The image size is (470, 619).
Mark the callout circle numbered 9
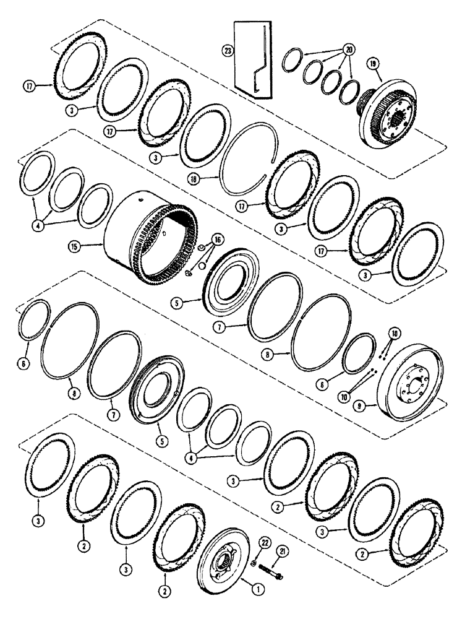pos(372,407)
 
